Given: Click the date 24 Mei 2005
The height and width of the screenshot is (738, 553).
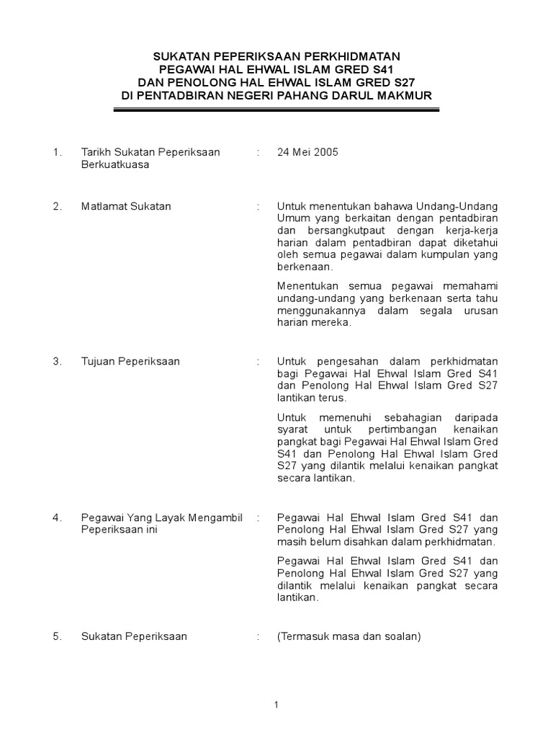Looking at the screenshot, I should tap(307, 152).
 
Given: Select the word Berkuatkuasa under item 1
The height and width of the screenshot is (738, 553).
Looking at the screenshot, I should tap(113, 164).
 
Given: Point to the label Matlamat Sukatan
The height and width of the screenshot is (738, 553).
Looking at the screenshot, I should tap(126, 207).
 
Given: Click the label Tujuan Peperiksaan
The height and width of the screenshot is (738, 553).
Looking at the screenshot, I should tap(130, 361).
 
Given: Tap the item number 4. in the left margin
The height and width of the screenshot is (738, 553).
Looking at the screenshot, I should tap(58, 517).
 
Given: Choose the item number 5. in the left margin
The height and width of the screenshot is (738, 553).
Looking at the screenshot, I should tap(58, 636).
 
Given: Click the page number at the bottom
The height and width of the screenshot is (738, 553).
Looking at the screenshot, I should tap(276, 705).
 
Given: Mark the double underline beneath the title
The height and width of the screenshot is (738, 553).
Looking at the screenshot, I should tap(276, 110).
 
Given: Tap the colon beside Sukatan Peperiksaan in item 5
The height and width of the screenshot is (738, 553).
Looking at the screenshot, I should tap(258, 636).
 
